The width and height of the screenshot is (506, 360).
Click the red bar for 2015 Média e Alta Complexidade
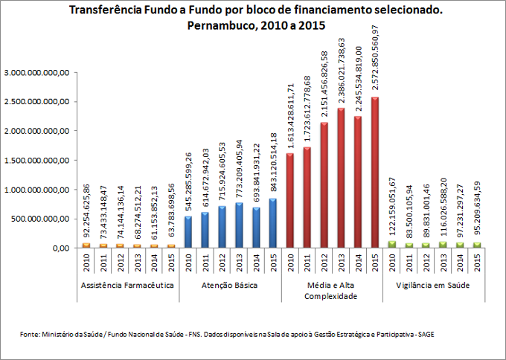pyautogui.click(x=374, y=173)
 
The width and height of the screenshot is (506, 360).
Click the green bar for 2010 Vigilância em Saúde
pyautogui.click(x=391, y=244)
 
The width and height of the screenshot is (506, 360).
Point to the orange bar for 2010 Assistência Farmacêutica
pyautogui.click(x=86, y=245)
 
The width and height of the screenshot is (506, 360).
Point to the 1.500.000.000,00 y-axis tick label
pyautogui.click(x=37, y=161)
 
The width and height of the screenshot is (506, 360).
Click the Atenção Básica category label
pyautogui.click(x=230, y=286)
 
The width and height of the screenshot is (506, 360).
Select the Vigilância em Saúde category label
pyautogui.click(x=433, y=286)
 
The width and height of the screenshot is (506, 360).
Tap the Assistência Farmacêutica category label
pyautogui.click(x=128, y=286)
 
